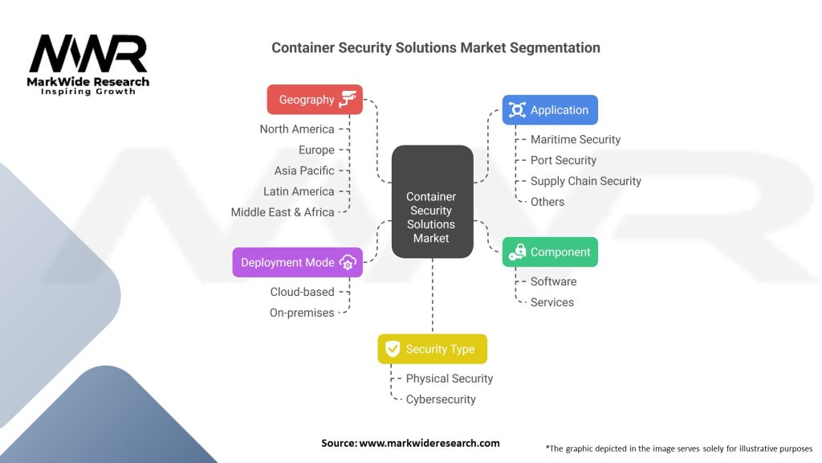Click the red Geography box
315,100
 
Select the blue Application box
550,110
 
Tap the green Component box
550,252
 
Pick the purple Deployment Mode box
297,263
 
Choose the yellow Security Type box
432,349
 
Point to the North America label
297,129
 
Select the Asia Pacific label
304,170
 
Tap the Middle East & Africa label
283,212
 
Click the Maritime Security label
576,139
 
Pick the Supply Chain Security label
586,181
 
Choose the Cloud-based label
302,292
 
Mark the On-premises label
302,313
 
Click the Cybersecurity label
441,399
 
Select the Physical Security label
450,379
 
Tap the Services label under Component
552,302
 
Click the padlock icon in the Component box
517,252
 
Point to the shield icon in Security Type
393,349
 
